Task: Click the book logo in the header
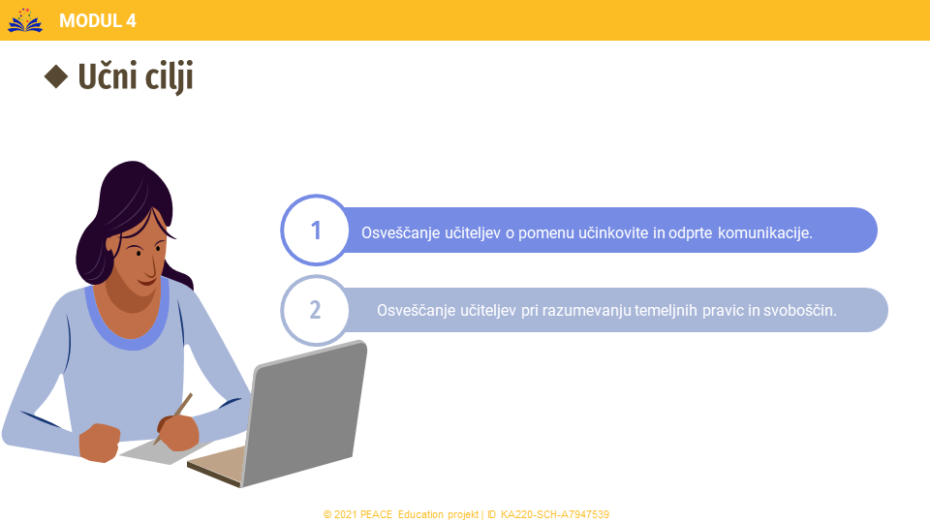[x=25, y=20]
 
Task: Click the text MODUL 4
[x=98, y=20]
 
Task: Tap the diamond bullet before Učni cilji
[x=56, y=77]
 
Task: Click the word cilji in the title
[x=169, y=77]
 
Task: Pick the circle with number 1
[x=316, y=231]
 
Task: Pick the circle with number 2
[x=316, y=310]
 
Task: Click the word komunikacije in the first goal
[x=765, y=233]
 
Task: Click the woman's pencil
[x=172, y=418]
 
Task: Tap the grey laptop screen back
[x=305, y=413]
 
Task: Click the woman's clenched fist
[x=100, y=443]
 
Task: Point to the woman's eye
[x=139, y=253]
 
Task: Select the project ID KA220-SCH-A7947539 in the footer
[x=555, y=514]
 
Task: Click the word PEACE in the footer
[x=376, y=514]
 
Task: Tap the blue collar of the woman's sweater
[x=128, y=327]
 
